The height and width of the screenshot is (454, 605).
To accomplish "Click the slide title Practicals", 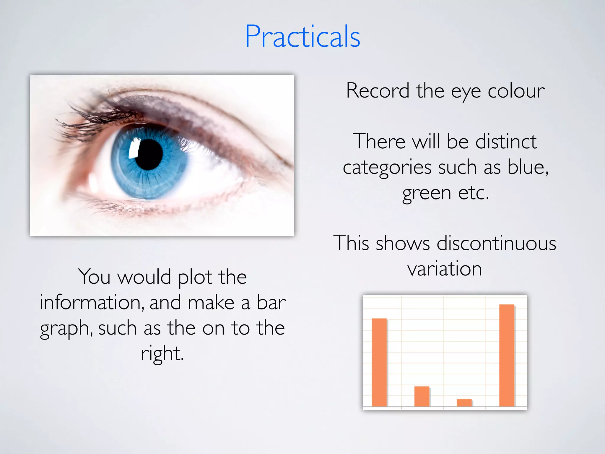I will pyautogui.click(x=302, y=37).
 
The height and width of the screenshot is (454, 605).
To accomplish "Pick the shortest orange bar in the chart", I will pyautogui.click(x=464, y=403).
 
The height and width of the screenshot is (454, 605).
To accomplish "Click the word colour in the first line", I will pyautogui.click(x=516, y=91).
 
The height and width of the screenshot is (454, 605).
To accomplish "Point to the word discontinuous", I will pyautogui.click(x=496, y=243).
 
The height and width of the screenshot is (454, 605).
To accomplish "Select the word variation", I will pyautogui.click(x=445, y=269).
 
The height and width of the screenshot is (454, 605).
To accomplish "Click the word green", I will pyautogui.click(x=426, y=194).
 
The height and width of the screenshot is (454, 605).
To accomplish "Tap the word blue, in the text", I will pyautogui.click(x=528, y=167).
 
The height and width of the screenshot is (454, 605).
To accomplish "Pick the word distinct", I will pyautogui.click(x=506, y=142).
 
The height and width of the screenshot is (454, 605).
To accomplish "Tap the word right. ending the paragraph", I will pyautogui.click(x=162, y=354).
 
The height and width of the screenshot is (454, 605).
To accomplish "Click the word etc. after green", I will pyautogui.click(x=474, y=193).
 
